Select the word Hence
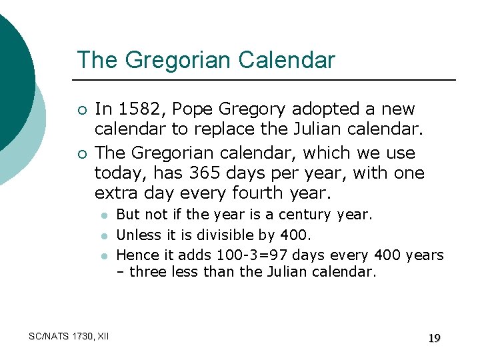click(137, 255)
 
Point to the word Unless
click(139, 235)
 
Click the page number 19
click(434, 339)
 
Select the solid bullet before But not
click(104, 215)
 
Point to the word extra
click(116, 194)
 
